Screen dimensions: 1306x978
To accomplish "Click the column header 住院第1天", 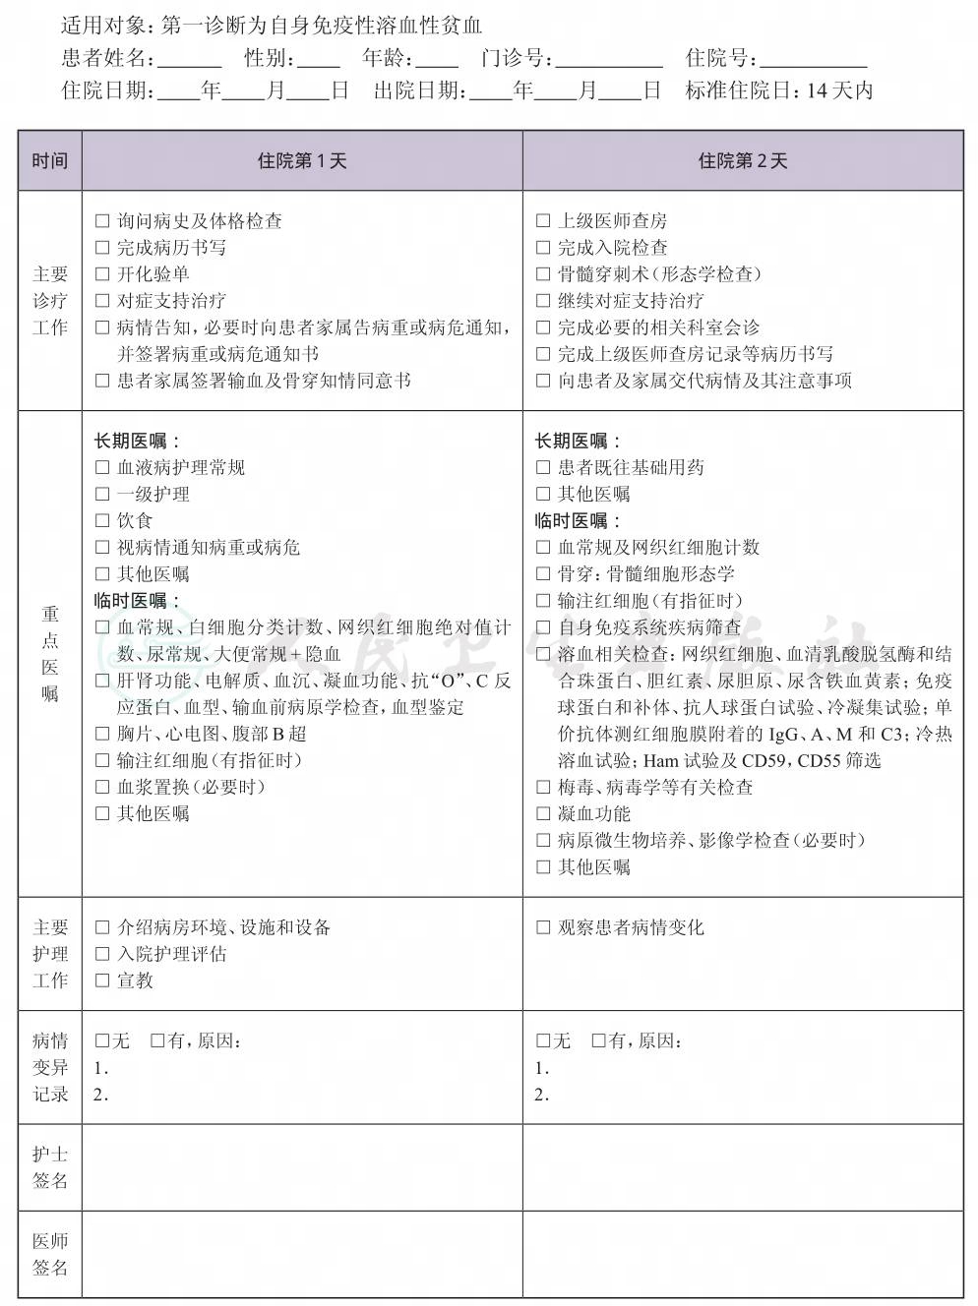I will [x=302, y=161].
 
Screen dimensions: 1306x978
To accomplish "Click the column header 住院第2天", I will [x=743, y=161].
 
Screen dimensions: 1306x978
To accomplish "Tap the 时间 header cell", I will [x=50, y=161].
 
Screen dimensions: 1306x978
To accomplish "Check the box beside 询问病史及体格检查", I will [x=102, y=221].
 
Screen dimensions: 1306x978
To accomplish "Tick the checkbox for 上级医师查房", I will [x=543, y=221].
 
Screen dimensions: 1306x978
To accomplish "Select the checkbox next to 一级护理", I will [x=102, y=495].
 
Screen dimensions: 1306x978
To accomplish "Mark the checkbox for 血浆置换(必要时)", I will [x=102, y=787].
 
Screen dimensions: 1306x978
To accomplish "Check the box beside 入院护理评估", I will [x=102, y=954].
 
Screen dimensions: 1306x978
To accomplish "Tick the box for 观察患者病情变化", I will [x=543, y=927].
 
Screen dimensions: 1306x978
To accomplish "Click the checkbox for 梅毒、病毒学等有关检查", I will [x=543, y=787].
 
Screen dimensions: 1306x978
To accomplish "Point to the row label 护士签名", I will [x=50, y=1167].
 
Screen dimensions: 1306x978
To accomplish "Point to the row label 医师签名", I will [x=50, y=1254].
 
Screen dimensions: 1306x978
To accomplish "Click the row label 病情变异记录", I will [x=50, y=1067].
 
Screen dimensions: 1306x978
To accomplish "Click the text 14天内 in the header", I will [x=839, y=91].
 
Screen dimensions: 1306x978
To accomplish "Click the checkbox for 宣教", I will [x=102, y=980].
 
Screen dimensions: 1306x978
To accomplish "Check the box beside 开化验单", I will [x=102, y=274].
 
